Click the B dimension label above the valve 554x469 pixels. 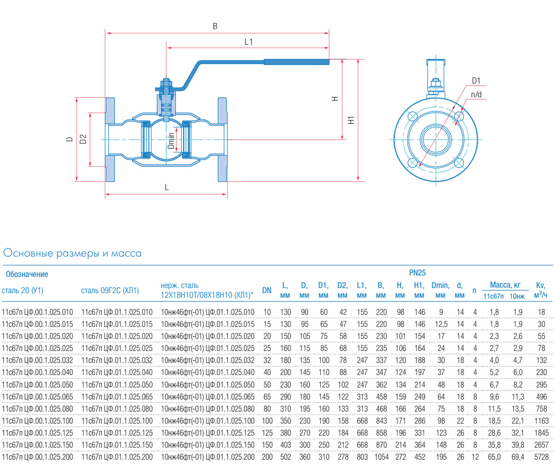[215, 26]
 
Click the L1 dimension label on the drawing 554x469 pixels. [248, 42]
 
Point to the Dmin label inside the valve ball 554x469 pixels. [171, 140]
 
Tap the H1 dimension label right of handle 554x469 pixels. [351, 120]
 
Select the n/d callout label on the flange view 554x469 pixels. [476, 95]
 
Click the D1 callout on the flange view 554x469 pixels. [476, 81]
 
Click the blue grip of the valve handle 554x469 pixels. [296, 62]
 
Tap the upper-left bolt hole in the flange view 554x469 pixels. [413, 115]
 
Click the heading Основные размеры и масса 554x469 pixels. [72, 253]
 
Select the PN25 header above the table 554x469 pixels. [417, 273]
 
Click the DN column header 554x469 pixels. [267, 290]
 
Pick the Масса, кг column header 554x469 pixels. [505, 285]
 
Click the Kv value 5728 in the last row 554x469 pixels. [541, 457]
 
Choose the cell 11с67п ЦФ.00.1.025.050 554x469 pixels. [37, 385]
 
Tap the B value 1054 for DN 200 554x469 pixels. [380, 457]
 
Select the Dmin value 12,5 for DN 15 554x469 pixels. [441, 324]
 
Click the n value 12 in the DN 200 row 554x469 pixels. [475, 457]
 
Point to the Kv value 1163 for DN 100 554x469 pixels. [541, 421]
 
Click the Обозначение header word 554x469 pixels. [27, 274]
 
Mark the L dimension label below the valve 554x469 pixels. [167, 187]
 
